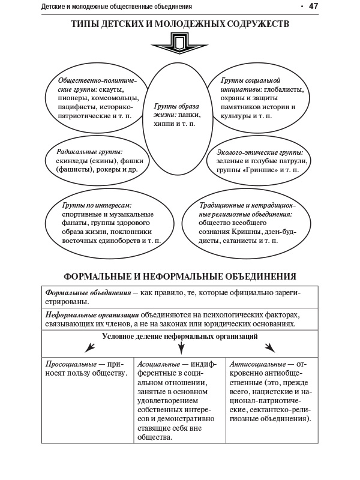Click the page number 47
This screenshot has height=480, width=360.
point(313,7)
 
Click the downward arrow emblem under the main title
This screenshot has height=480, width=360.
point(179,44)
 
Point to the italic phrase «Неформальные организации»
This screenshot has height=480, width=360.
point(92,314)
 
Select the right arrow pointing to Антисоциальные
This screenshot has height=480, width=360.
point(270,347)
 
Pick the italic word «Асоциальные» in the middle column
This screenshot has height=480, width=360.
point(158,364)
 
